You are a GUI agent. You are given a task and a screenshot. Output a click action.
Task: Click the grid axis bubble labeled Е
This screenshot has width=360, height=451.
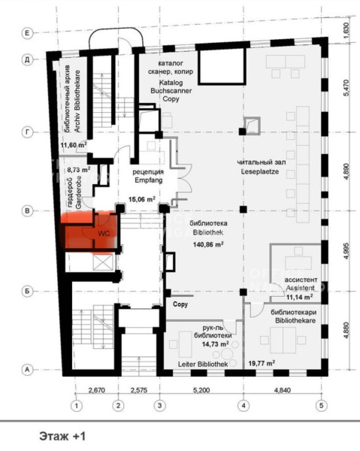(x=27, y=33)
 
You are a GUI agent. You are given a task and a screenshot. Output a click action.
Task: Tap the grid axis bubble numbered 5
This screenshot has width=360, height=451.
(x=321, y=406)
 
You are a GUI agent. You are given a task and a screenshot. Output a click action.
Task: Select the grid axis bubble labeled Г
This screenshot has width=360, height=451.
(x=27, y=132)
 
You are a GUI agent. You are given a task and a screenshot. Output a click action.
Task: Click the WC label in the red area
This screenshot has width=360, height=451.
(x=104, y=233)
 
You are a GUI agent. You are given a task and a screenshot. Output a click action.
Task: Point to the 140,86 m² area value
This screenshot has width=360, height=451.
(x=208, y=245)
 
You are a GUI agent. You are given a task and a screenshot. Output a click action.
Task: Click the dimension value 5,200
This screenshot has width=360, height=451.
(x=201, y=390)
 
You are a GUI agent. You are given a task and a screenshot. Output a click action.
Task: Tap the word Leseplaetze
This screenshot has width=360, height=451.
(x=260, y=171)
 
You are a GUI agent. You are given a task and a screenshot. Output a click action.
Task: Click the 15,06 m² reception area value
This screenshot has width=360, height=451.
(x=142, y=198)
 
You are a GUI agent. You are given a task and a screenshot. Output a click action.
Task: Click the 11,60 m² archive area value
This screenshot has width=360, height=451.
(x=74, y=145)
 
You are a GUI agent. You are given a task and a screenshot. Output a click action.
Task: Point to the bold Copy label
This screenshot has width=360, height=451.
(x=180, y=304)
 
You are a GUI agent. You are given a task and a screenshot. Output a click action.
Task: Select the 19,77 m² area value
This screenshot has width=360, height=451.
(x=262, y=363)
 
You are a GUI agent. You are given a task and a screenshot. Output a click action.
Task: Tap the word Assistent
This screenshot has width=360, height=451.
(x=300, y=288)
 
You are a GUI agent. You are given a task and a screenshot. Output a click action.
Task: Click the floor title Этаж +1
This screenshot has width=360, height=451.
(x=62, y=436)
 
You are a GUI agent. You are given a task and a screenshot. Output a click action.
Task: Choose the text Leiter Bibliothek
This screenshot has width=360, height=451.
(x=203, y=364)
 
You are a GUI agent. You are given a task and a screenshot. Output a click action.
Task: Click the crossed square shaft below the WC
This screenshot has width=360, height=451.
(x=103, y=262)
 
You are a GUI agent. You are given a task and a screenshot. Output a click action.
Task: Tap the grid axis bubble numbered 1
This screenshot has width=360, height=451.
(x=77, y=406)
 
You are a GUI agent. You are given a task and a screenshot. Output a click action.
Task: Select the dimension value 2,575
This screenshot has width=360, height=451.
(x=139, y=390)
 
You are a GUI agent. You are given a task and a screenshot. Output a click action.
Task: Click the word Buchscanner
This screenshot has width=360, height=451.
(x=171, y=91)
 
